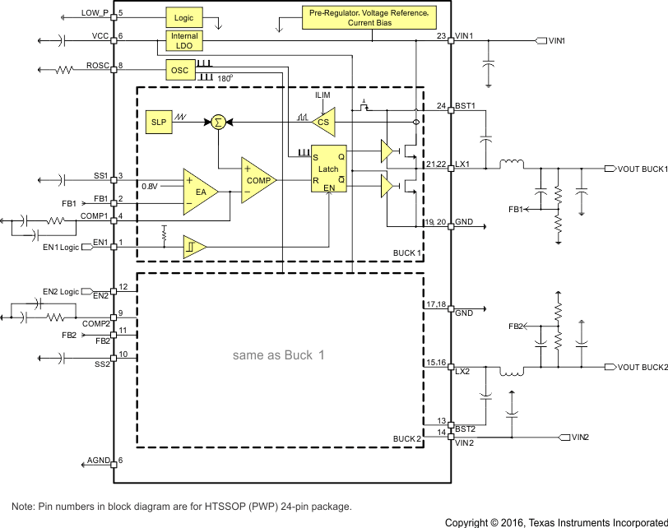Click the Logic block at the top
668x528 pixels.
tap(183, 16)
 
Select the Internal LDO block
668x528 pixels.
tap(183, 41)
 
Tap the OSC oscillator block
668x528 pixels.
tap(179, 71)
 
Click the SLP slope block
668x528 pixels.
tap(159, 122)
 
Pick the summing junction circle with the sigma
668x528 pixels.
tap(218, 122)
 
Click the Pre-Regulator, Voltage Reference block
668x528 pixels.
tap(368, 18)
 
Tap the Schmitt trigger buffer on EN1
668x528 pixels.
tap(194, 246)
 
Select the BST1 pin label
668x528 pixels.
tap(466, 105)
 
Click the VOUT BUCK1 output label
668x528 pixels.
tap(642, 169)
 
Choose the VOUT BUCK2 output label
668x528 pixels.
tap(642, 367)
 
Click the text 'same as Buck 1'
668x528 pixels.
tap(279, 355)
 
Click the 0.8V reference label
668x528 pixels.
tap(149, 186)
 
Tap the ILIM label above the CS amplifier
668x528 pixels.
tap(323, 96)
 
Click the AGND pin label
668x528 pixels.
tap(98, 461)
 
